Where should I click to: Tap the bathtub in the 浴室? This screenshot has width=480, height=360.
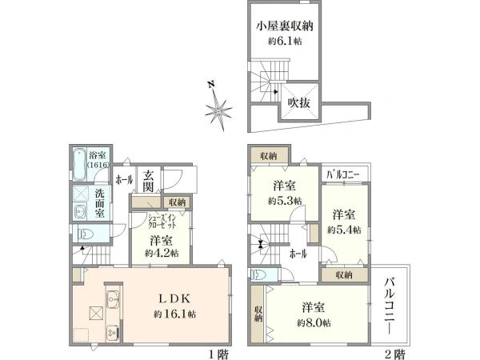(78, 165)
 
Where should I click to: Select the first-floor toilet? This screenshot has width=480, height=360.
(82, 233)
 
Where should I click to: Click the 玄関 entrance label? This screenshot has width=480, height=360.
(149, 182)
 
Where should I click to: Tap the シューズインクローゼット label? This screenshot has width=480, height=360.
(165, 221)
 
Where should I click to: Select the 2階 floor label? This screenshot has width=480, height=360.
(398, 352)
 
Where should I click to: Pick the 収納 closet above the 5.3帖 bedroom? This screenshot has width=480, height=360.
(268, 156)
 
